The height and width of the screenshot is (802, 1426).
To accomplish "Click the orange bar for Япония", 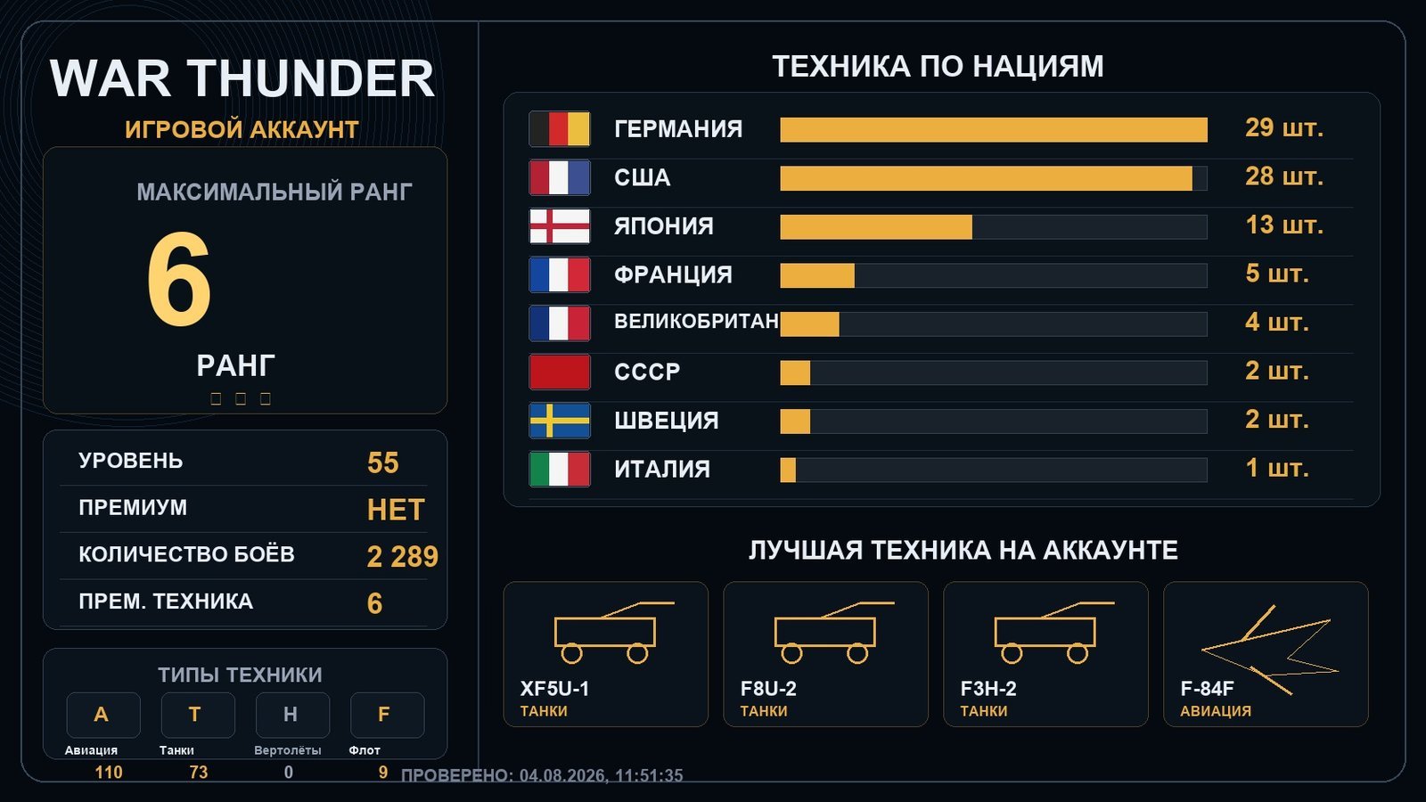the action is click(x=876, y=227).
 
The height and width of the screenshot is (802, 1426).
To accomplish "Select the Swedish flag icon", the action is click(x=560, y=421).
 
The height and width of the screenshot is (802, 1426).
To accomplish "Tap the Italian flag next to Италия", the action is click(x=560, y=469).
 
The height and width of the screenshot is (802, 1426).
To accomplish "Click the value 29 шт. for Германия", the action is click(x=1284, y=128).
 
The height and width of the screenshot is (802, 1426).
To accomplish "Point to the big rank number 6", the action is click(x=179, y=279).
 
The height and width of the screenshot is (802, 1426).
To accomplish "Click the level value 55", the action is click(x=382, y=462).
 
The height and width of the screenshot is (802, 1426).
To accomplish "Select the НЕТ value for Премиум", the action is click(x=396, y=510).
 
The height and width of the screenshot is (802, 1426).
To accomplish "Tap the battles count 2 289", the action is click(x=402, y=557).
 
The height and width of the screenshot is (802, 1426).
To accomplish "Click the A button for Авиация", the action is click(x=103, y=715).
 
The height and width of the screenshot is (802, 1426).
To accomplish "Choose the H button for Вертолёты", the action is click(x=292, y=715).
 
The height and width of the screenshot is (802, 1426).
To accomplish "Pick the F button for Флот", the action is click(x=387, y=715).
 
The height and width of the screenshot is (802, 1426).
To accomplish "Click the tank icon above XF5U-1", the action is click(x=606, y=633).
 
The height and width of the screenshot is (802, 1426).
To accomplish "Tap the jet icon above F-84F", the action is click(x=1270, y=650).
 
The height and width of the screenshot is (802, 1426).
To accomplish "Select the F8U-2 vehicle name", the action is click(x=768, y=689).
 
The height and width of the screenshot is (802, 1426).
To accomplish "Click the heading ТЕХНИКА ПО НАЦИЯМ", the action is click(x=938, y=67).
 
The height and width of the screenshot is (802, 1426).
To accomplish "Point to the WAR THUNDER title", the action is click(x=242, y=78).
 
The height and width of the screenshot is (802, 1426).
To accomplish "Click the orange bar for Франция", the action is click(x=817, y=275).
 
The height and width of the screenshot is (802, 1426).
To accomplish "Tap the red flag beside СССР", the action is click(x=560, y=372).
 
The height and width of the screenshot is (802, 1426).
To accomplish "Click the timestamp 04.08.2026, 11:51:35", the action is click(x=601, y=775).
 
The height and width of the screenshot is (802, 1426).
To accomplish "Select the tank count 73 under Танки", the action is click(x=199, y=772).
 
